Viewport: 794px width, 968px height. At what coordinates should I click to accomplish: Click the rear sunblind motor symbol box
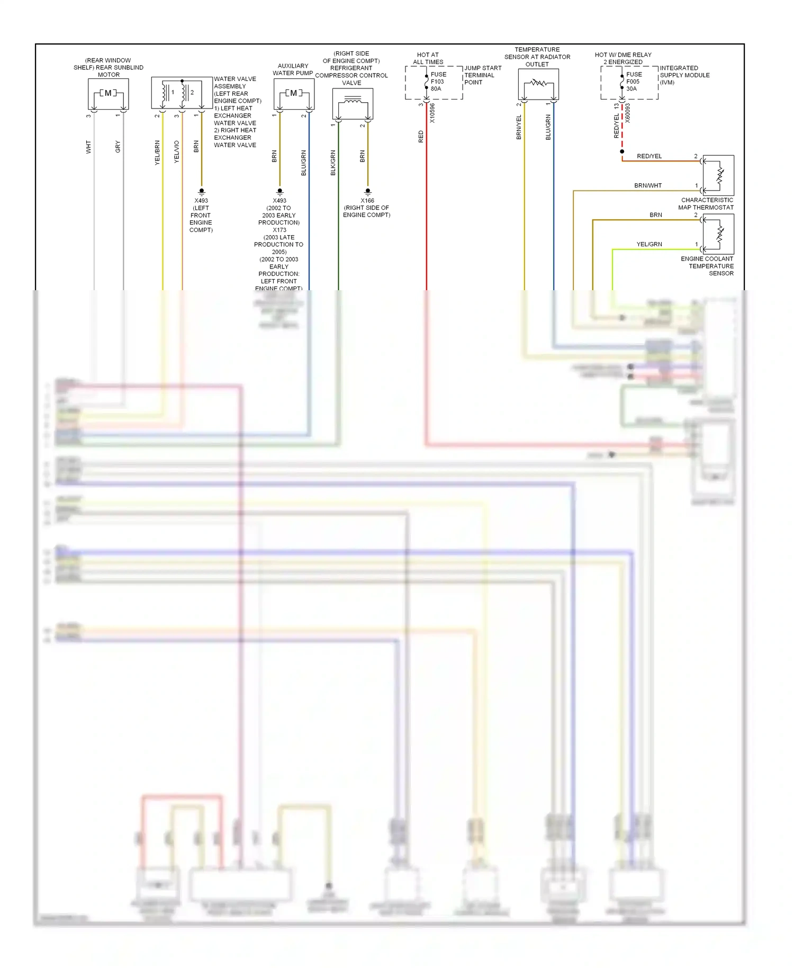(108, 94)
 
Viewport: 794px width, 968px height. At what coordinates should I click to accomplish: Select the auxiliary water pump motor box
(294, 94)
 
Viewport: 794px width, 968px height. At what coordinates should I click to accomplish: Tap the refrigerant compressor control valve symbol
(353, 103)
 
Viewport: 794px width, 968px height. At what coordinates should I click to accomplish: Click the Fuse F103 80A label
(438, 82)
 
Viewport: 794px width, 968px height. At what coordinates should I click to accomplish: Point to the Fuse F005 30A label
(634, 82)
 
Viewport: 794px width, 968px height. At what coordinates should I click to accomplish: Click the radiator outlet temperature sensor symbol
(538, 84)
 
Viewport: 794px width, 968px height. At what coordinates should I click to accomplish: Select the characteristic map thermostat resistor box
(718, 175)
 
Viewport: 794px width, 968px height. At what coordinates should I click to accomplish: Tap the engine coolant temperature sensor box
(718, 234)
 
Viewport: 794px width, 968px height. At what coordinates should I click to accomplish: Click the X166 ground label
(367, 201)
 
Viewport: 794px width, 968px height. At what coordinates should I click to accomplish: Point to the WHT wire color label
(88, 147)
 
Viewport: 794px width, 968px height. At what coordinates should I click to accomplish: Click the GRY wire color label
(118, 147)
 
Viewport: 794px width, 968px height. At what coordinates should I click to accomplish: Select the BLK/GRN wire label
(333, 163)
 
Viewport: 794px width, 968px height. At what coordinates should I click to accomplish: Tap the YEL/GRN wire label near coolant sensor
(649, 244)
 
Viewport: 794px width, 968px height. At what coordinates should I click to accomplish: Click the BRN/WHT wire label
(648, 185)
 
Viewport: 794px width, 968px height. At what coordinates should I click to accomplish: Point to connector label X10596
(432, 113)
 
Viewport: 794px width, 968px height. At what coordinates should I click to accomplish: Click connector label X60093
(628, 113)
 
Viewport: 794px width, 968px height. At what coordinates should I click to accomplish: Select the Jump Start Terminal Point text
(482, 75)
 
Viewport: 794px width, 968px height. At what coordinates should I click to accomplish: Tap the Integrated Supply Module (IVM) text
(684, 75)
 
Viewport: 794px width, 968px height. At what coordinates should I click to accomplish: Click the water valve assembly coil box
(182, 93)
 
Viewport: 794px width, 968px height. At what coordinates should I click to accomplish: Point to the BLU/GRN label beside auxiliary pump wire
(303, 163)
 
